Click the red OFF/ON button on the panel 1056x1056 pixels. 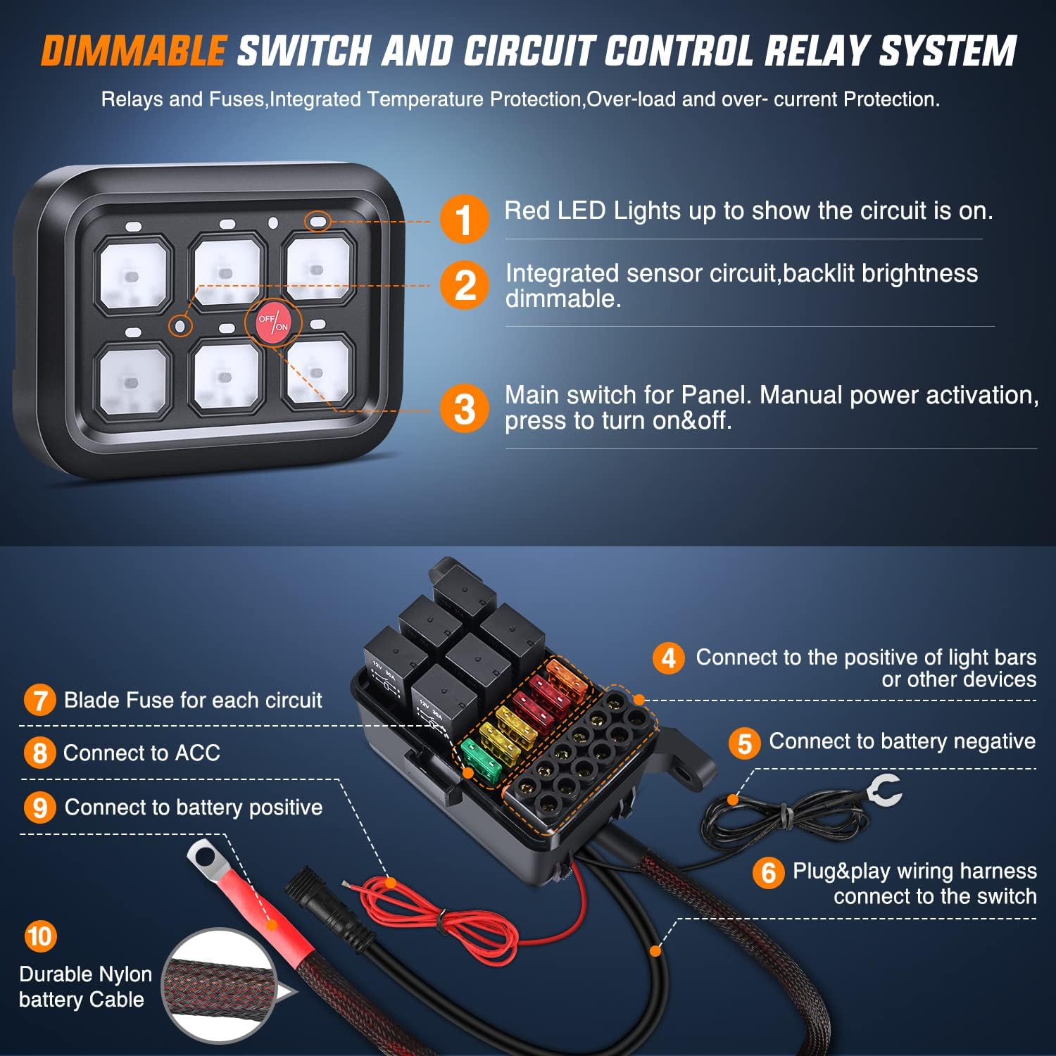coord(272,322)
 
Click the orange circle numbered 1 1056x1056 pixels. coord(464,219)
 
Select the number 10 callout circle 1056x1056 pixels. coord(40,936)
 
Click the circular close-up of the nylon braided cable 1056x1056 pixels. coord(220,986)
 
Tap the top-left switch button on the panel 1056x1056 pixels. coord(133,274)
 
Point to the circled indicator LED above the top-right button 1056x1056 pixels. coord(318,221)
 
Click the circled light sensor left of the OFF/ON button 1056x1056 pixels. coord(180,325)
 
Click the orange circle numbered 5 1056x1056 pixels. coord(744,743)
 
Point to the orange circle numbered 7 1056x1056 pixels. coord(39,700)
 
